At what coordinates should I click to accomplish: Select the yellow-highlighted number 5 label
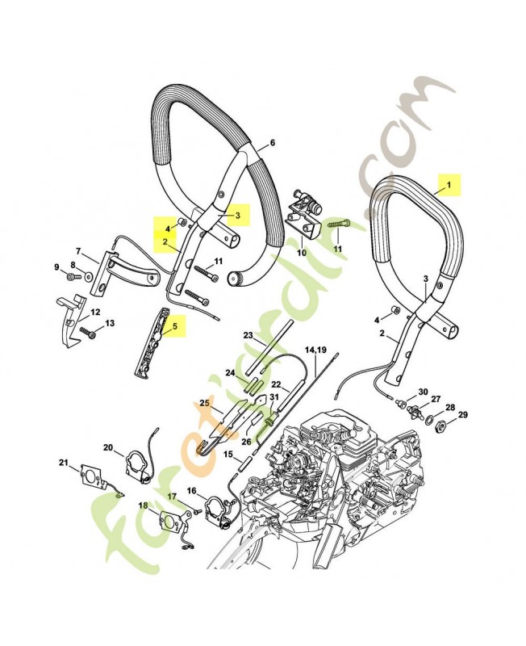[x=172, y=327]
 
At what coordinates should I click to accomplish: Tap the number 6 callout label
[x=272, y=142]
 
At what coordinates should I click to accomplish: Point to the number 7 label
[x=78, y=251]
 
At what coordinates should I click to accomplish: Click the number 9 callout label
[x=56, y=267]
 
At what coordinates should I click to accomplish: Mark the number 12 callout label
[x=95, y=312]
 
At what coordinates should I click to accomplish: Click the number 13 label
[x=110, y=323]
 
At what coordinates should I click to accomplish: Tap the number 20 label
[x=108, y=447]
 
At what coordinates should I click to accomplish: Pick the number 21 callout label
[x=64, y=463]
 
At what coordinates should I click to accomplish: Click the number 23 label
[x=248, y=335]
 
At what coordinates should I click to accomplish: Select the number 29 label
[x=462, y=415]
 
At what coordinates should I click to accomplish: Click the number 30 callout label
[x=423, y=391]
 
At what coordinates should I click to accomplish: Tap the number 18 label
[x=143, y=506]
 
